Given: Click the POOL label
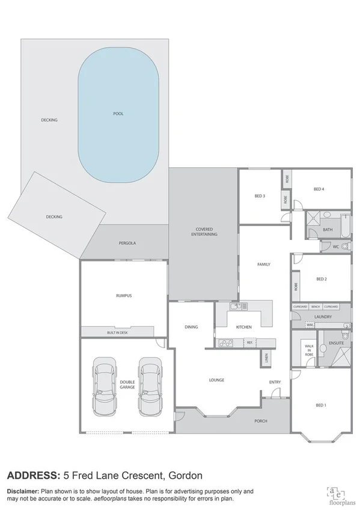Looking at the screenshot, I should (118, 114).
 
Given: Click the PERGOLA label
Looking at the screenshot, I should (127, 243).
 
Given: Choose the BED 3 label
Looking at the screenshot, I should (260, 195).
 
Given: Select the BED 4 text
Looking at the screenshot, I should (319, 189).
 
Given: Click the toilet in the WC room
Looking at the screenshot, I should (344, 247).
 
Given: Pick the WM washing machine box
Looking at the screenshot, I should (310, 325).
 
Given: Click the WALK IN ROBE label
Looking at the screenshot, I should (309, 351).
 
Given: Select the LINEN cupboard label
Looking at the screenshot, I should (265, 359).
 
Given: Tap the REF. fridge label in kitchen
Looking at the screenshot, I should (248, 343).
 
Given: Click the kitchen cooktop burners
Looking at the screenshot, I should (226, 343).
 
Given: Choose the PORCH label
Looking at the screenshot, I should (261, 421).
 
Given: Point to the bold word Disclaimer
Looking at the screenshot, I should (22, 491).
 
